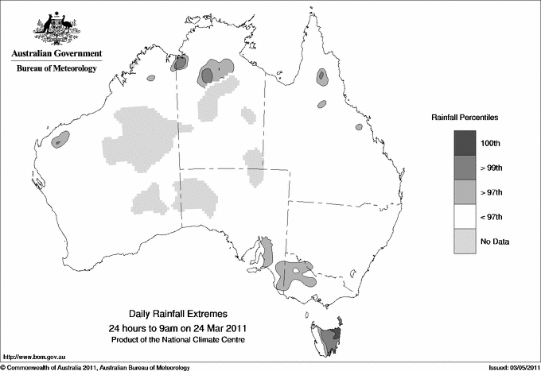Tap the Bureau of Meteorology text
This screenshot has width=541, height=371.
(x=56, y=68)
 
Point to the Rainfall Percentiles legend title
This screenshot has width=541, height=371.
(x=465, y=117)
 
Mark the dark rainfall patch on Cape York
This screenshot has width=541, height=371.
(x=321, y=76)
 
